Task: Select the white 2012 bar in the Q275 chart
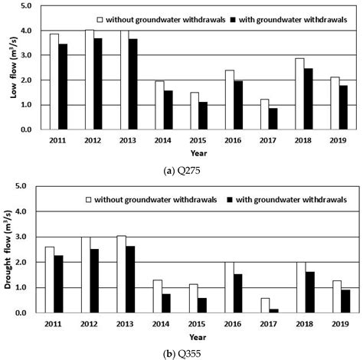tap(89, 80)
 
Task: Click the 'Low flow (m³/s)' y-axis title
tap(11, 67)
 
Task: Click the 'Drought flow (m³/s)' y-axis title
tap(11, 250)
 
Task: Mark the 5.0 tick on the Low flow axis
tap(28, 6)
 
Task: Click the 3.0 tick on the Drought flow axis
tap(28, 237)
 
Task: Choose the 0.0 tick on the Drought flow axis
tap(28, 313)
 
